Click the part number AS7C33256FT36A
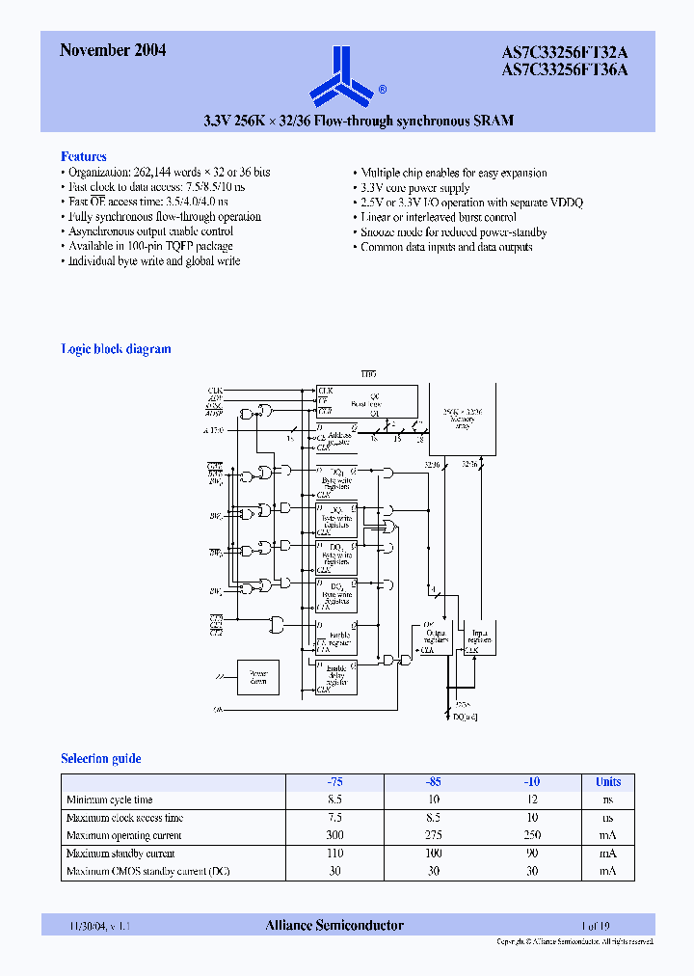564,69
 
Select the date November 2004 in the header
113,51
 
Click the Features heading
84,156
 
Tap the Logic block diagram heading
116,349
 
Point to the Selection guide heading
101,759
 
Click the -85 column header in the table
433,782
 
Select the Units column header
607,782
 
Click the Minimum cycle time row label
109,800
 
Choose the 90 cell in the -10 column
531,854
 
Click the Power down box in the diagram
257,677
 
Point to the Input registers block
478,637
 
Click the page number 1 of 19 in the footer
596,926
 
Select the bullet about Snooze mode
453,232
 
